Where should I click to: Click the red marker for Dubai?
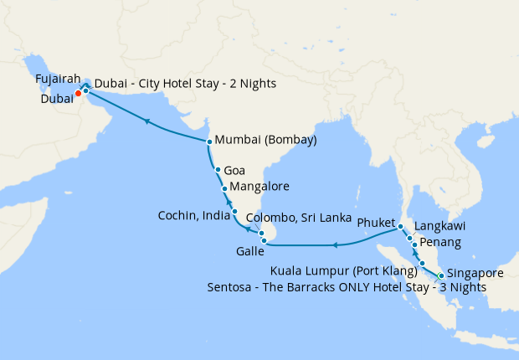tap(78, 93)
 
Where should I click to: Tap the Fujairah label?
tap(58, 80)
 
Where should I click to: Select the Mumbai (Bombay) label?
tap(265, 141)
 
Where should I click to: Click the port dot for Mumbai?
tap(209, 141)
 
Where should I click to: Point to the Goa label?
tap(234, 170)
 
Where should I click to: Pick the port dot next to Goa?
tap(218, 170)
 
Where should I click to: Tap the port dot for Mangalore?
tap(224, 188)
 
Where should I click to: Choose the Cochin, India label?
tap(193, 216)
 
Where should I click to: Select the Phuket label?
tap(374, 224)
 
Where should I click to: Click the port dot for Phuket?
tap(401, 227)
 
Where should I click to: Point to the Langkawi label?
tap(439, 227)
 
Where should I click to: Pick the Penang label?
tap(439, 244)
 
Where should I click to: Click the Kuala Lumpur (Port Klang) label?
tap(344, 271)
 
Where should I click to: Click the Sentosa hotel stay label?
tap(347, 287)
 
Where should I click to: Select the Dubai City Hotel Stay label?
tap(186, 85)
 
